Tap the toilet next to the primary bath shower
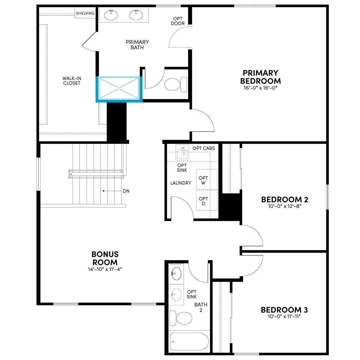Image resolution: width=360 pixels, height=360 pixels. point(175,84)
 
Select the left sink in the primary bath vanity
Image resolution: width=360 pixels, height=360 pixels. point(111,15)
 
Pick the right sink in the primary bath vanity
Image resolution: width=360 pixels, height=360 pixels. point(136,15)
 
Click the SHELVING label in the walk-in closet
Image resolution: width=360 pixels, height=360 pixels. point(85,13)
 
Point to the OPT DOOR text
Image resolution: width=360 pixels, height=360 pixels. point(178,21)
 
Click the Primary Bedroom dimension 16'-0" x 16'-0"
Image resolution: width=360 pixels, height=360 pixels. point(260,88)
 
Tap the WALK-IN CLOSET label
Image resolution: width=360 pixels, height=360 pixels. point(72,81)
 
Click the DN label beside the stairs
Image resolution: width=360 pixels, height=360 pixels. point(126,191)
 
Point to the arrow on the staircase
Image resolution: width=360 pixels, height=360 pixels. point(112,191)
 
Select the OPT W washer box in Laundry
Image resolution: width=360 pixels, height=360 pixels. point(207,179)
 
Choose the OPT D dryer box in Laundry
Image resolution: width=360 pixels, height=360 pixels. point(207,200)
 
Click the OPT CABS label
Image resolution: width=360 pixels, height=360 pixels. point(204,148)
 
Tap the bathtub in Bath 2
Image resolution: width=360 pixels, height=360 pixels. point(189,341)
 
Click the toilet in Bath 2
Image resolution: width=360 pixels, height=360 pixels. point(181,318)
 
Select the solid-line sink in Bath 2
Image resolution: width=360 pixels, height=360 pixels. point(176,274)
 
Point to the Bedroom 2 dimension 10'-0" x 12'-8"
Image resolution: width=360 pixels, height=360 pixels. point(284,206)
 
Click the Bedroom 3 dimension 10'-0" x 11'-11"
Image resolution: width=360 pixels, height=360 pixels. point(284,316)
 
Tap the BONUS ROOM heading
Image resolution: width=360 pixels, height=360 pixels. point(105,258)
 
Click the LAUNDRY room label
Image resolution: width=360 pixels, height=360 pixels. point(181,183)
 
